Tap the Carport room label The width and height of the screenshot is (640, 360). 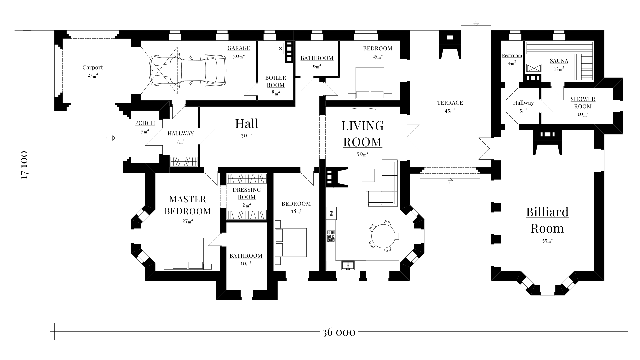pos(93,68)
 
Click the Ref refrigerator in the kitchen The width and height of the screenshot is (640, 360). pos(331,213)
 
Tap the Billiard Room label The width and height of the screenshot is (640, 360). pos(547,220)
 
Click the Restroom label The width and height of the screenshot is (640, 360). pos(512,56)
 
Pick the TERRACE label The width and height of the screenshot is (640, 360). pos(450,103)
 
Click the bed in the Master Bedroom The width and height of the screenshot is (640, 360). pos(188,253)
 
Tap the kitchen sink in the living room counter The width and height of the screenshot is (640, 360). pos(348,265)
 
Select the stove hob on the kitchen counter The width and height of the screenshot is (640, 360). pos(331,236)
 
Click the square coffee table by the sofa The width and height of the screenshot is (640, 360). pos(368,175)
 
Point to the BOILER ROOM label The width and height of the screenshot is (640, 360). pos(276,81)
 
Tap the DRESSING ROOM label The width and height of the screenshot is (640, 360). pos(247,193)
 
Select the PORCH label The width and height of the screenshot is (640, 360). pos(145,123)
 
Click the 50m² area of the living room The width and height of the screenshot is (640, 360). pos(363,154)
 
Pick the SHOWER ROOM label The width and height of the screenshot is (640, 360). pos(583,103)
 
